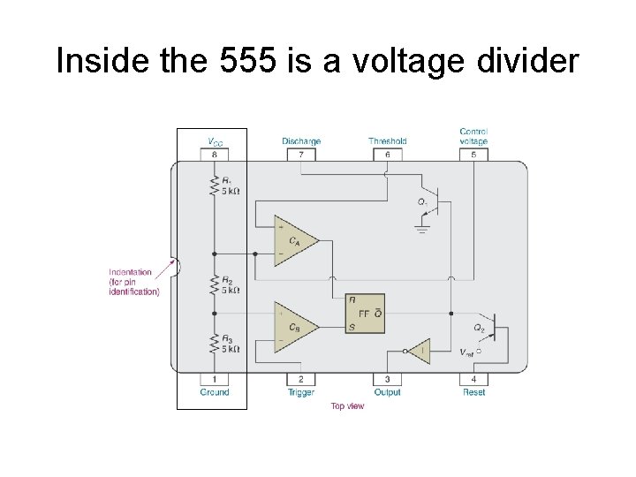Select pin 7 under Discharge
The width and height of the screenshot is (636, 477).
[301, 155]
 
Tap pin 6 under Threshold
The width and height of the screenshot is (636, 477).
[387, 155]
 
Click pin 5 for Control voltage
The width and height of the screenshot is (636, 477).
[473, 155]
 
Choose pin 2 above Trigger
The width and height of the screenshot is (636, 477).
[301, 379]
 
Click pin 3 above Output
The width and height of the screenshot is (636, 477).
[387, 379]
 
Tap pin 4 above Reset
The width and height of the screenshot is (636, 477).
[473, 379]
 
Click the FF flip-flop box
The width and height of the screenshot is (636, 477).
[365, 314]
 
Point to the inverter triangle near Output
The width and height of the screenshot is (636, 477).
[420, 350]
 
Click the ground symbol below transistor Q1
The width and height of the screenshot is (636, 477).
[422, 229]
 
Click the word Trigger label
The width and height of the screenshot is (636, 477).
[301, 392]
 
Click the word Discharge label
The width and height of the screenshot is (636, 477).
[301, 141]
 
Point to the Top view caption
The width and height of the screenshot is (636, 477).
[347, 406]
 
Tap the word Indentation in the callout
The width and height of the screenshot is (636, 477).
[131, 272]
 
